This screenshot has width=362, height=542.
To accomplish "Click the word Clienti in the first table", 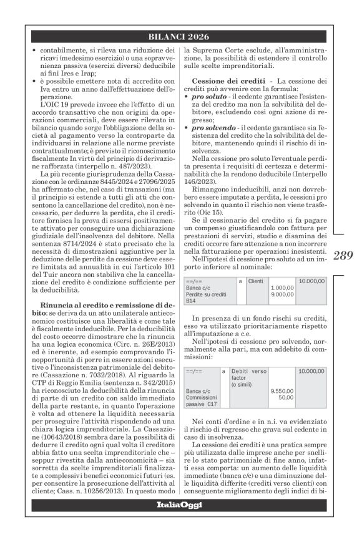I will pyautogui.click(x=255, y=264).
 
